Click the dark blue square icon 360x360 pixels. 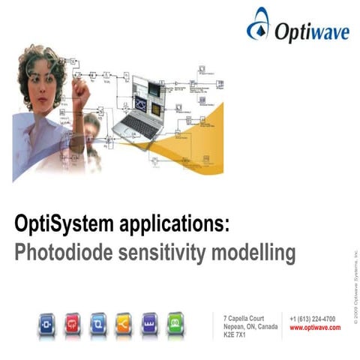click(46, 323)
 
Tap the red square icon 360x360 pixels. click(72, 323)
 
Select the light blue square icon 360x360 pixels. click(97, 323)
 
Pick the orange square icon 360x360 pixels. click(123, 323)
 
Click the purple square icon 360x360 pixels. click(148, 323)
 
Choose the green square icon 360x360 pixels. click(174, 323)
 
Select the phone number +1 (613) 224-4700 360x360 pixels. click(312, 319)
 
